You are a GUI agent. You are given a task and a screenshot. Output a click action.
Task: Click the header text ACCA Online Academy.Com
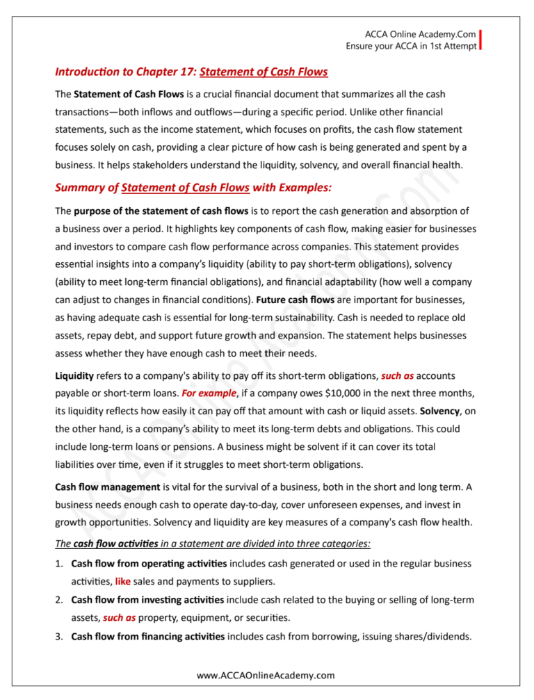pyautogui.click(x=420, y=34)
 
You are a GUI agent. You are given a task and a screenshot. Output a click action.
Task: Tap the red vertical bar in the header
pyautogui.click(x=480, y=40)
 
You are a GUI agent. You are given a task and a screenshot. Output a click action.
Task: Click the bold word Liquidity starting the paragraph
pyautogui.click(x=74, y=376)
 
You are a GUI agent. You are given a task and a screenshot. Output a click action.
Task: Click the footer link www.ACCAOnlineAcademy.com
pyautogui.click(x=266, y=675)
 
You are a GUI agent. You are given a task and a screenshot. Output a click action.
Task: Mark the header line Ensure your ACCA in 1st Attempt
pyautogui.click(x=411, y=46)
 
